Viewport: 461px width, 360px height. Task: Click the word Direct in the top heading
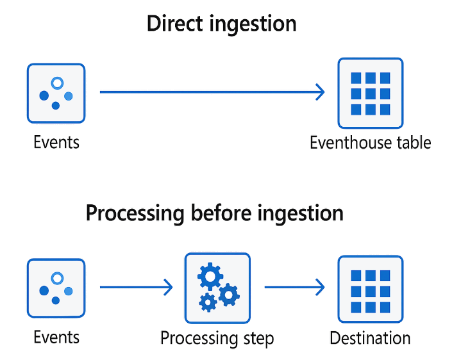(x=174, y=24)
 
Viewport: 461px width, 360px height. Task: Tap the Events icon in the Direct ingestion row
(x=56, y=93)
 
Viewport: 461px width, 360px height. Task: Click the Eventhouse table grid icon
(x=371, y=93)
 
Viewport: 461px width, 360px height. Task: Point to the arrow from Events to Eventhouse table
(x=212, y=92)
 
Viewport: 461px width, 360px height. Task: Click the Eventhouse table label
(x=371, y=142)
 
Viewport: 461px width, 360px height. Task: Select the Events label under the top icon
(x=56, y=142)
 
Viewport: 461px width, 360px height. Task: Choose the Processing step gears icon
(x=217, y=287)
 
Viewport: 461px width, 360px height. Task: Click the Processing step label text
(x=217, y=338)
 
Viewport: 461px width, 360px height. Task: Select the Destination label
(x=370, y=338)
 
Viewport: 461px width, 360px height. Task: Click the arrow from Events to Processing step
(x=136, y=287)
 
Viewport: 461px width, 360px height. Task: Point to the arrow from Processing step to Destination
(x=294, y=287)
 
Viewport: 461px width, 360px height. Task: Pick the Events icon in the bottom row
(x=56, y=288)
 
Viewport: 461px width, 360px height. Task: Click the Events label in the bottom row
(x=56, y=338)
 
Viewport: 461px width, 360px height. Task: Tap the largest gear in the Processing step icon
(x=210, y=277)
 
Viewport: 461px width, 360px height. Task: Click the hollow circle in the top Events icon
(x=57, y=83)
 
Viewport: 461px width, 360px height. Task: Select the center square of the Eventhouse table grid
(x=371, y=94)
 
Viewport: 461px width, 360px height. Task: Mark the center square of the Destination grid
(x=371, y=290)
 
